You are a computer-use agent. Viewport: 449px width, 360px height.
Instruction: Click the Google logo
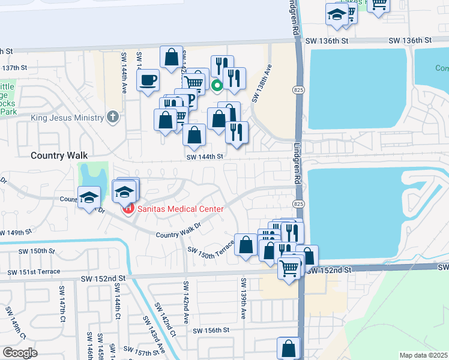(20, 353)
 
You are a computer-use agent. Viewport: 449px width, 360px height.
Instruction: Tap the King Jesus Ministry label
(67, 118)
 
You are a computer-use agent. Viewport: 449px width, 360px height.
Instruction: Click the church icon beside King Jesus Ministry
(112, 117)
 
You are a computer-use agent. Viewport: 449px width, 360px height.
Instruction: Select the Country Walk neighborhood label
(56, 155)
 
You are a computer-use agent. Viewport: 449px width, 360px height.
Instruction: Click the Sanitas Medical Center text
(179, 209)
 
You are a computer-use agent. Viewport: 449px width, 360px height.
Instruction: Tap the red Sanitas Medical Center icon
(127, 209)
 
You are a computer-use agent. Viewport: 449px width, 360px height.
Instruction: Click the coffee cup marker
(148, 79)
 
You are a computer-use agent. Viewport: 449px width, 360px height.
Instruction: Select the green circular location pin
(217, 86)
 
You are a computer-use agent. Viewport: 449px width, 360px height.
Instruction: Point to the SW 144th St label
(205, 156)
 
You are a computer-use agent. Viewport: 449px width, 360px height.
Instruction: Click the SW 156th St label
(211, 330)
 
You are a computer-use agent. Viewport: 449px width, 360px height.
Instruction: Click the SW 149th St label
(16, 232)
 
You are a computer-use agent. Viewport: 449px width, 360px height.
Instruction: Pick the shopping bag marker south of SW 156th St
(289, 347)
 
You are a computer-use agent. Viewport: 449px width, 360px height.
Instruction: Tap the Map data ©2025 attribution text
(423, 355)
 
